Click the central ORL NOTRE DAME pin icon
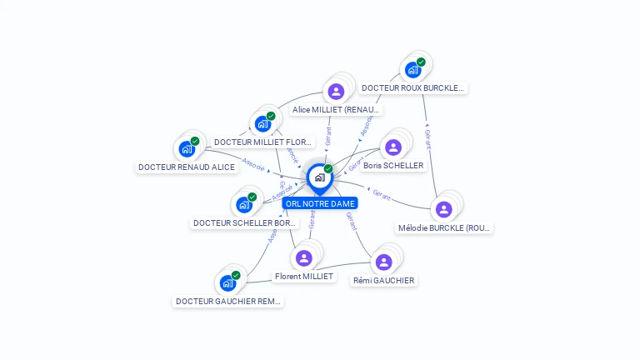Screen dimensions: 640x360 319,177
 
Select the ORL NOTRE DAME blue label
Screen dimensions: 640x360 320,203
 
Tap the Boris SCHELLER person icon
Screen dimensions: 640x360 393,147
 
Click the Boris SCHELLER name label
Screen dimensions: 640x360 393,166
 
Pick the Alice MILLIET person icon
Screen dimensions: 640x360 336,92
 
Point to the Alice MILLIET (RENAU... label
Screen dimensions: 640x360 337,110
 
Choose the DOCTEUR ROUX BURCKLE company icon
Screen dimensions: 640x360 412,70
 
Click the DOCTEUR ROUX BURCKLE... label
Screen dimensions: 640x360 413,87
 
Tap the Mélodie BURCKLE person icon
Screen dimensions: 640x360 444,209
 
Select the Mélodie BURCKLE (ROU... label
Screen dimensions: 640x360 445,227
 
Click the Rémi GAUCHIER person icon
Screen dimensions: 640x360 383,262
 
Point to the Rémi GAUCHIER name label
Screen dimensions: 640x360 383,281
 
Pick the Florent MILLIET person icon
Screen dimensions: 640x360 303,258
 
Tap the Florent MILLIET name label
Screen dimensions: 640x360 303,277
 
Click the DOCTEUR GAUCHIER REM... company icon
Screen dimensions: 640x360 227,283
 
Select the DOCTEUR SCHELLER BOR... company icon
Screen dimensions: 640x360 244,205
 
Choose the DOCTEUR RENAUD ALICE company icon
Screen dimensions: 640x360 187,149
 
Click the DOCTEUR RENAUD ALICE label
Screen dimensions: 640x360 187,167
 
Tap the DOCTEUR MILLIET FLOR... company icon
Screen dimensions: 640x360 263,124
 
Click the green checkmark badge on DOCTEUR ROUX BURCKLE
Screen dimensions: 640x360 421,62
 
